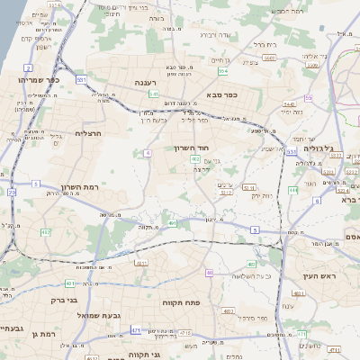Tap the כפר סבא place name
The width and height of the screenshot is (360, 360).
pyautogui.click(x=220, y=94)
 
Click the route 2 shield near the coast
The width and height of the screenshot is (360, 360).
pyautogui.click(x=29, y=67)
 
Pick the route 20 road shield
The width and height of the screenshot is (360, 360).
pyautogui.click(x=12, y=192)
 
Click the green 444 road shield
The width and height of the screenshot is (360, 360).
pyautogui.click(x=292, y=190)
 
